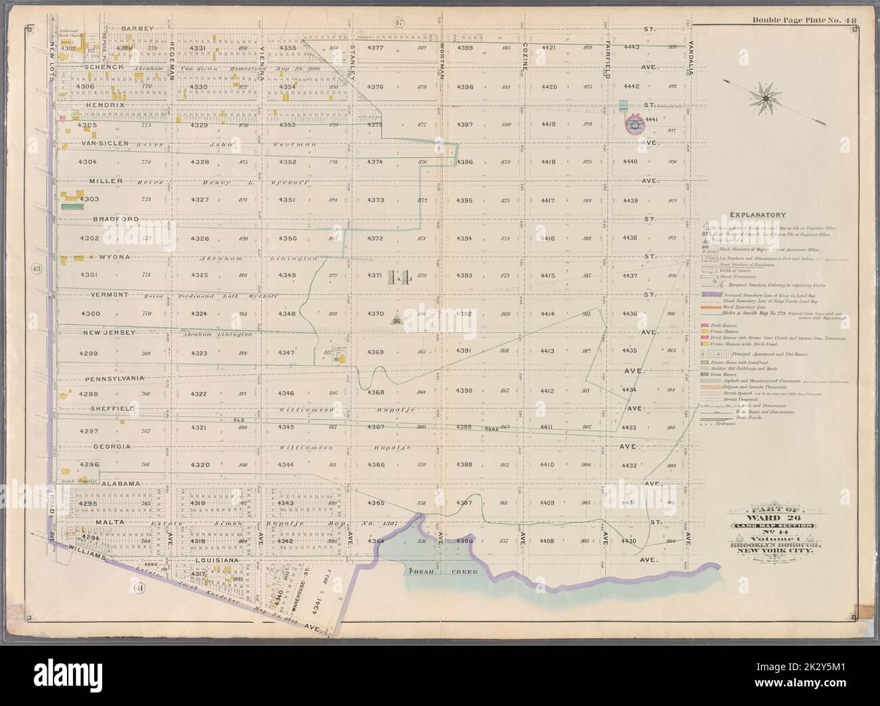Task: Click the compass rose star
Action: [x=765, y=98]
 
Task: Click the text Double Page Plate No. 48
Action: [x=804, y=20]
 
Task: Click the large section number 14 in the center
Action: [x=400, y=278]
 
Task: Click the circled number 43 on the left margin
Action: [x=37, y=269]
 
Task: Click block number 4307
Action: [x=68, y=48]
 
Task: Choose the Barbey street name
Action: [x=138, y=28]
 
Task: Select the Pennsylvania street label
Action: [x=113, y=378]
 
